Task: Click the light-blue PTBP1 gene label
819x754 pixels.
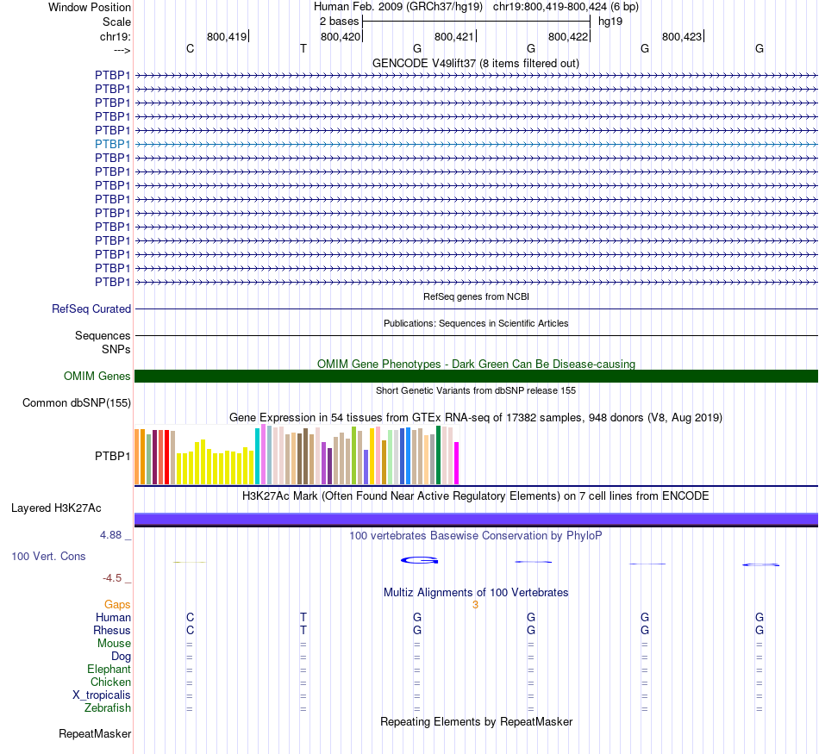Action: pyautogui.click(x=113, y=144)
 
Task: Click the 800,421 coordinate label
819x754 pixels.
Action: pyautogui.click(x=454, y=36)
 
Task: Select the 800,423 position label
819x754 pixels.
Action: pyautogui.click(x=682, y=36)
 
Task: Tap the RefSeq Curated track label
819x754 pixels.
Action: pyautogui.click(x=91, y=308)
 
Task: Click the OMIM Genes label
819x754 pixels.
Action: pyautogui.click(x=97, y=376)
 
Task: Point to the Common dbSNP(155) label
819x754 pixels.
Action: pyautogui.click(x=77, y=402)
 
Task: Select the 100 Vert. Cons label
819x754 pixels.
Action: pyautogui.click(x=48, y=556)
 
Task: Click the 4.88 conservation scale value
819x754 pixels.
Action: pyautogui.click(x=112, y=535)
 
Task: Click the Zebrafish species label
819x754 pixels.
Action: pyautogui.click(x=108, y=708)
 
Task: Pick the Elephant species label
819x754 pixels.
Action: pyautogui.click(x=109, y=670)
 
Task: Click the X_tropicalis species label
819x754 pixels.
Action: pyautogui.click(x=102, y=695)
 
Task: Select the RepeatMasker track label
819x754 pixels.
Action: pyautogui.click(x=95, y=734)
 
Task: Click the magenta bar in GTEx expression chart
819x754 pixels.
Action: pyautogui.click(x=457, y=464)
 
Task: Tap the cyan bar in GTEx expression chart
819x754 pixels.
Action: pyautogui.click(x=257, y=457)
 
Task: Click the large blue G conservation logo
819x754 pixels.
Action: pyautogui.click(x=420, y=560)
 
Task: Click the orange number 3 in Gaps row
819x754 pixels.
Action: pyautogui.click(x=475, y=605)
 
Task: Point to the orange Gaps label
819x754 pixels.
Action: pyautogui.click(x=117, y=605)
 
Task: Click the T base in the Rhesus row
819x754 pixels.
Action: pyautogui.click(x=303, y=631)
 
